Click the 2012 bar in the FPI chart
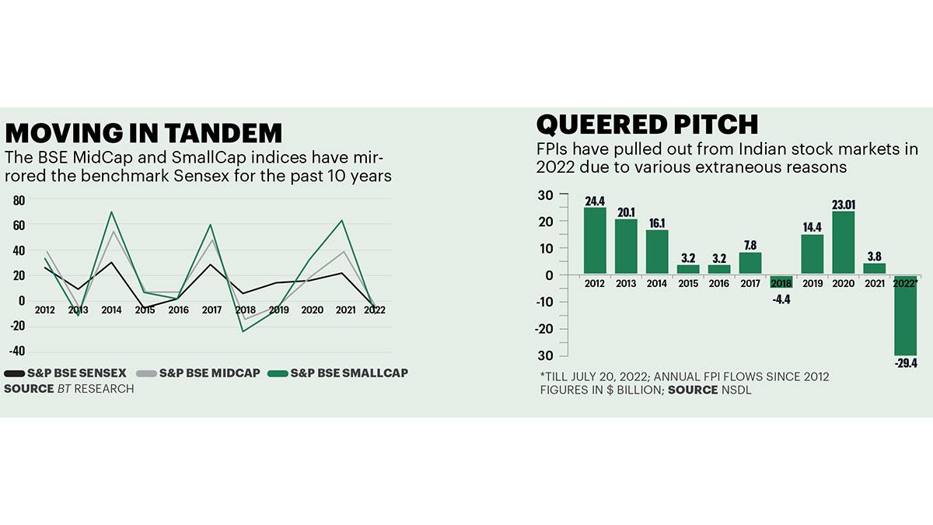595,240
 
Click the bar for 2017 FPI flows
750,263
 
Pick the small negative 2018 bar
781,281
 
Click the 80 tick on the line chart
19,200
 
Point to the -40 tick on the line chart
17,351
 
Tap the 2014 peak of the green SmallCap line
111,212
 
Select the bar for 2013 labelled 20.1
626,246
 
